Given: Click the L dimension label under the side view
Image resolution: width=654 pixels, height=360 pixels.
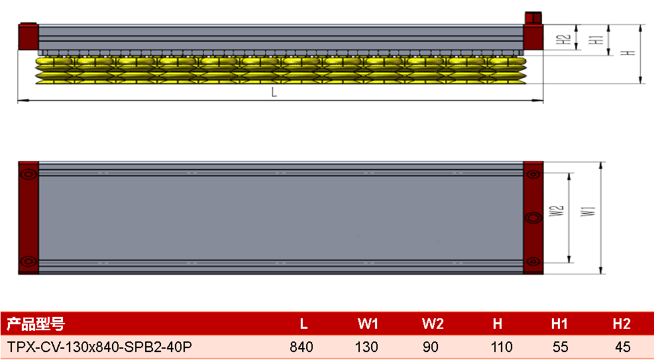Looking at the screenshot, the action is tap(274, 93).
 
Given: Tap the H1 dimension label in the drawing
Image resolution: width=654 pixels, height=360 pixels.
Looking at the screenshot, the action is tap(598, 40).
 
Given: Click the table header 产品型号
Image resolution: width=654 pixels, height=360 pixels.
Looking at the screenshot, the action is tap(36, 324).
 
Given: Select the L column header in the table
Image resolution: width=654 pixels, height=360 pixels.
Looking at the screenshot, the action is tap(303, 324).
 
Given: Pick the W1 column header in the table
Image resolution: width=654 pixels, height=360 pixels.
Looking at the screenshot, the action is tap(368, 324).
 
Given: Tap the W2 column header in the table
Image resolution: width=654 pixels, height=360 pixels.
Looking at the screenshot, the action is tap(433, 324).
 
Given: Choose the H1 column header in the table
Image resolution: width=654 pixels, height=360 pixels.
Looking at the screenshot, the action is tap(559, 324).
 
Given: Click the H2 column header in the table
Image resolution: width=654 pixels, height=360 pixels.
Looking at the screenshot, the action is tap(622, 324).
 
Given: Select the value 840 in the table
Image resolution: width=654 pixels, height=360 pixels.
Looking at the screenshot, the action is tap(301, 347).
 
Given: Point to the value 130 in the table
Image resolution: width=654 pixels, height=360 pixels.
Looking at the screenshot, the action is tap(366, 347).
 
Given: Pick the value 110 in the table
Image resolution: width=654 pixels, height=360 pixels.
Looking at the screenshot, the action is tap(502, 347).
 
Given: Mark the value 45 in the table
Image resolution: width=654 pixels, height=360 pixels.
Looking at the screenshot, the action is tap(623, 347).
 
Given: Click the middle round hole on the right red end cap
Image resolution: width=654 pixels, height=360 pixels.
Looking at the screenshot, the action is tap(533, 217).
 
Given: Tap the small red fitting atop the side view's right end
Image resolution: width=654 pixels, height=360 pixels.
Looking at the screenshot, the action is tap(533, 18).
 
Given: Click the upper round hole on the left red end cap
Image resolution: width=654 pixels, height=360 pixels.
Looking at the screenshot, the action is tap(28, 174).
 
